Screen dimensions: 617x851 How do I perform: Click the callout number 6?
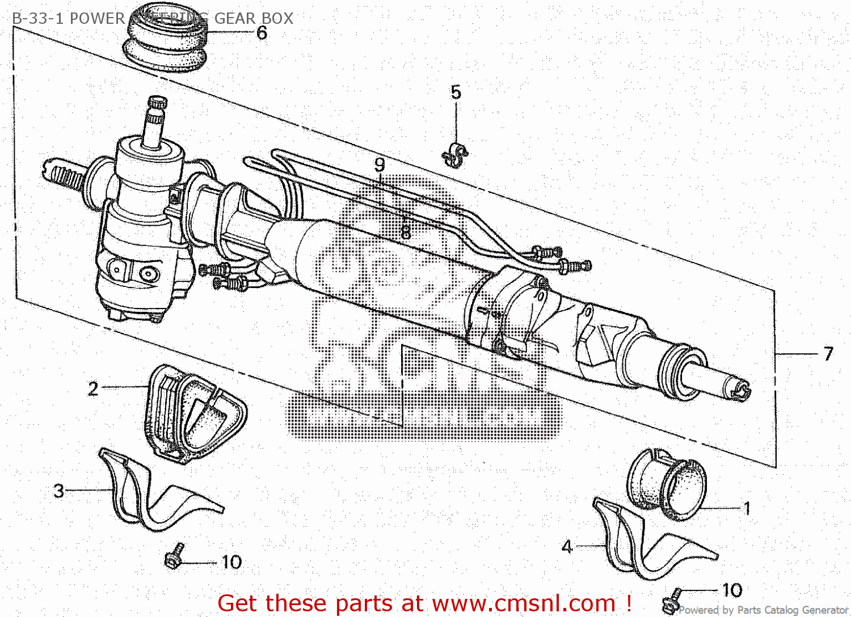pyautogui.click(x=262, y=33)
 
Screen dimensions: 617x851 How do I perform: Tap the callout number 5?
pyautogui.click(x=456, y=92)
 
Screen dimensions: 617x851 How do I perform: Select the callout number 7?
pyautogui.click(x=828, y=354)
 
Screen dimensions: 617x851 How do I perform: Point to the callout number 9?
pyautogui.click(x=380, y=165)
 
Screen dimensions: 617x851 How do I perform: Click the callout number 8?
pyautogui.click(x=406, y=231)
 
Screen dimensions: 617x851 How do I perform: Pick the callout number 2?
pyautogui.click(x=93, y=388)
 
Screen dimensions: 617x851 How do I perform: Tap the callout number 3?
pyautogui.click(x=59, y=491)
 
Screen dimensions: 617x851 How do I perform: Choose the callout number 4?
pyautogui.click(x=567, y=547)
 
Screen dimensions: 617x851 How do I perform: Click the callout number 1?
pyautogui.click(x=747, y=508)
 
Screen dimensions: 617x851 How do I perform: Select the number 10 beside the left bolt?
pyautogui.click(x=231, y=562)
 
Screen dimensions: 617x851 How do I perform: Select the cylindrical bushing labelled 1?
pyautogui.click(x=667, y=485)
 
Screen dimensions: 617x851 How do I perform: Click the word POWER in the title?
pyautogui.click(x=97, y=19)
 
